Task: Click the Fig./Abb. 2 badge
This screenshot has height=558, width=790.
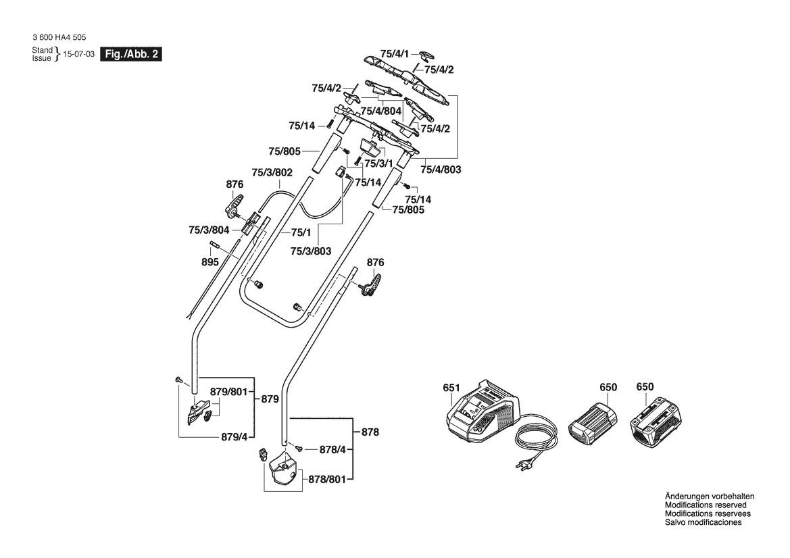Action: point(130,54)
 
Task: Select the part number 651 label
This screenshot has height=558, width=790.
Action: point(451,388)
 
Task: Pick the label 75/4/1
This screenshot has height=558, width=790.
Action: point(394,53)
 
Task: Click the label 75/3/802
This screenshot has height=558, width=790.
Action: point(272,172)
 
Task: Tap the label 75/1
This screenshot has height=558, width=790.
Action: point(301,232)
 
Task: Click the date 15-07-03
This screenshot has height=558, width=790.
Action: point(78,54)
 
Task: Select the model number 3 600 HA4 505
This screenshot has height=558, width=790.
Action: point(59,38)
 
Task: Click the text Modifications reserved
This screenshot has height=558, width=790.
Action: point(706,505)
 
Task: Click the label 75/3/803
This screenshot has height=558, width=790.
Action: point(310,251)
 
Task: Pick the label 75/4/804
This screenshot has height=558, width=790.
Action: point(381,111)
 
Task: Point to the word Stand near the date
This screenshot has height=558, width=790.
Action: point(42,51)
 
